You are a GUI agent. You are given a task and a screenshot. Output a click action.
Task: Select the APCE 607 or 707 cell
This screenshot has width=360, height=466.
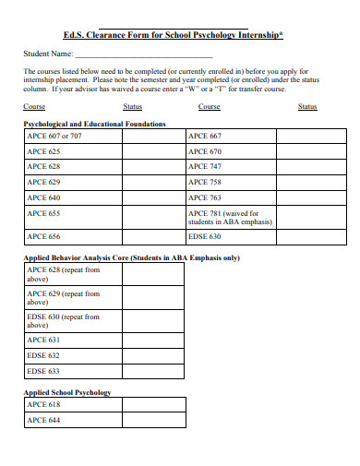click(73, 136)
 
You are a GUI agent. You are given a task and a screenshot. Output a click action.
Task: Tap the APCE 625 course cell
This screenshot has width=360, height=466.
click(73, 151)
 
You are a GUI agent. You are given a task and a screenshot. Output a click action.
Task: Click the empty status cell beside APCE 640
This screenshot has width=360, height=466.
click(153, 197)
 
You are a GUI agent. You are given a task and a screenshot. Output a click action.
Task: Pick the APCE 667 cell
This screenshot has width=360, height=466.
click(230, 136)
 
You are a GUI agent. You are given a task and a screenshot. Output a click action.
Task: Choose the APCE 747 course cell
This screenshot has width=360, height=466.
click(230, 166)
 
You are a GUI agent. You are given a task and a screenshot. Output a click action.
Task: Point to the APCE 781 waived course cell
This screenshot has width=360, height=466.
click(230, 217)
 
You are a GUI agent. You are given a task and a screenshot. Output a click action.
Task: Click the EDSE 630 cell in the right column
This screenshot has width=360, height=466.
click(230, 236)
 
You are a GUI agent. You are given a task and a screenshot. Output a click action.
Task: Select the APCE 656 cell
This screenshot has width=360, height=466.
click(73, 236)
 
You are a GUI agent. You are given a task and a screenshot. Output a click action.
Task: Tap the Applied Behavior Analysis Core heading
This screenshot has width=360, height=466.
click(131, 257)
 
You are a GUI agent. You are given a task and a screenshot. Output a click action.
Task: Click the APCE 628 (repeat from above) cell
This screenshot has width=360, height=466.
click(73, 274)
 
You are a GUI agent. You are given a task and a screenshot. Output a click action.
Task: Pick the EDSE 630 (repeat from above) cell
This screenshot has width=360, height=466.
click(73, 320)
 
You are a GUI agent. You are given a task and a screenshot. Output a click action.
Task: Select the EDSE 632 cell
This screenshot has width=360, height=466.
click(73, 355)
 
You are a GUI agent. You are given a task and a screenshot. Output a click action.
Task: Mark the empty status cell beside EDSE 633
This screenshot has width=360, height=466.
click(153, 371)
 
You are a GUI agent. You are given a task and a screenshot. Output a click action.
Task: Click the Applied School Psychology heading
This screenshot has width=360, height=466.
click(66, 392)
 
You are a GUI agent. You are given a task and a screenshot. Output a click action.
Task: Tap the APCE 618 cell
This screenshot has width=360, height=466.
click(73, 405)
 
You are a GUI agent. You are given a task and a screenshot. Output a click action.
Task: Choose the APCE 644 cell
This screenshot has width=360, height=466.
click(73, 421)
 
